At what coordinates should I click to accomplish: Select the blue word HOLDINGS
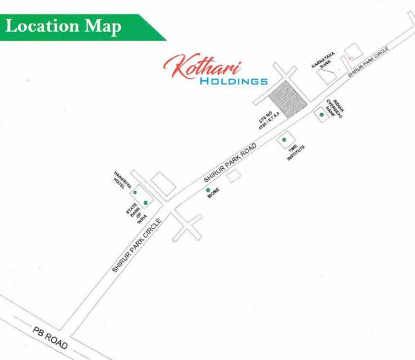232,81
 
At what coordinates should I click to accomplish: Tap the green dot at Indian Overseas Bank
321,114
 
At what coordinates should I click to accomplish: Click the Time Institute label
296,153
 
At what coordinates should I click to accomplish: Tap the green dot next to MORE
208,190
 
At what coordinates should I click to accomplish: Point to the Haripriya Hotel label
122,181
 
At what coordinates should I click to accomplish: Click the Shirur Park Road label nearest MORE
230,164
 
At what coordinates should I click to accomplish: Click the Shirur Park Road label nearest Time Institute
230,164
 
